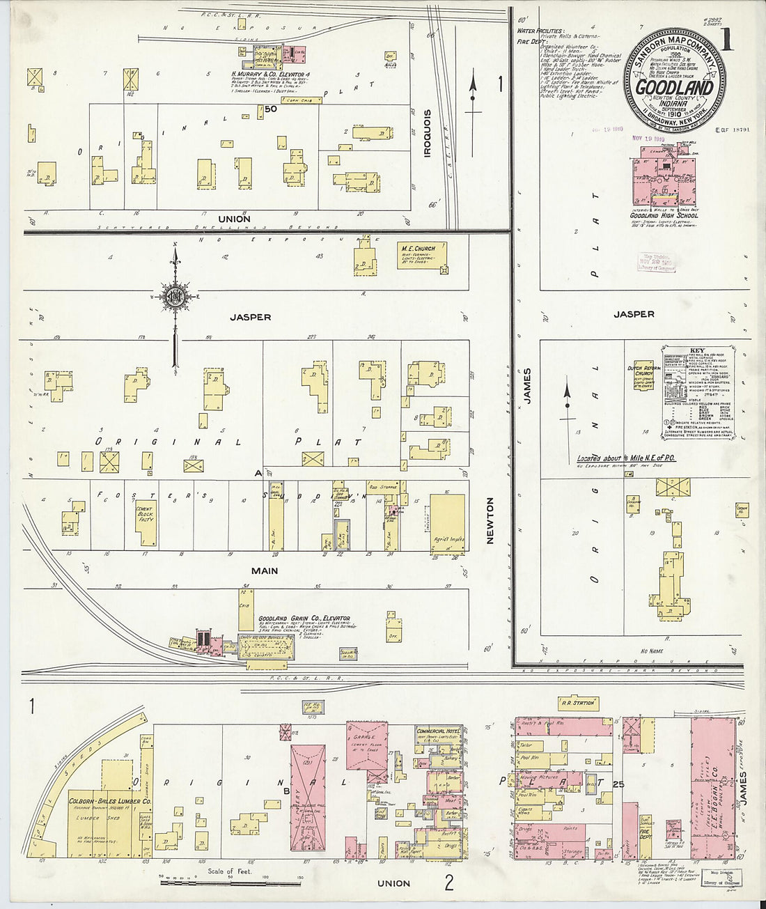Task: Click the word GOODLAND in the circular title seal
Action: [674, 88]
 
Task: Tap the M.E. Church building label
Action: [418, 248]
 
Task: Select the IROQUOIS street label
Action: [428, 132]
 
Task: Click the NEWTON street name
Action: [490, 520]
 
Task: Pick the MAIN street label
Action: [264, 570]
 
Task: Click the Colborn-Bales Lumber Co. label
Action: [102, 801]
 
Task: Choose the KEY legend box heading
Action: [697, 350]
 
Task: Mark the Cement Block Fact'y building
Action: [145, 522]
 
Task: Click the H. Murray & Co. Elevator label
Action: [271, 73]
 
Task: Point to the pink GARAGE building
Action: [367, 752]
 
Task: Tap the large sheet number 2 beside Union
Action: [448, 884]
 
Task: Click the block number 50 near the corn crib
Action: [270, 109]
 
